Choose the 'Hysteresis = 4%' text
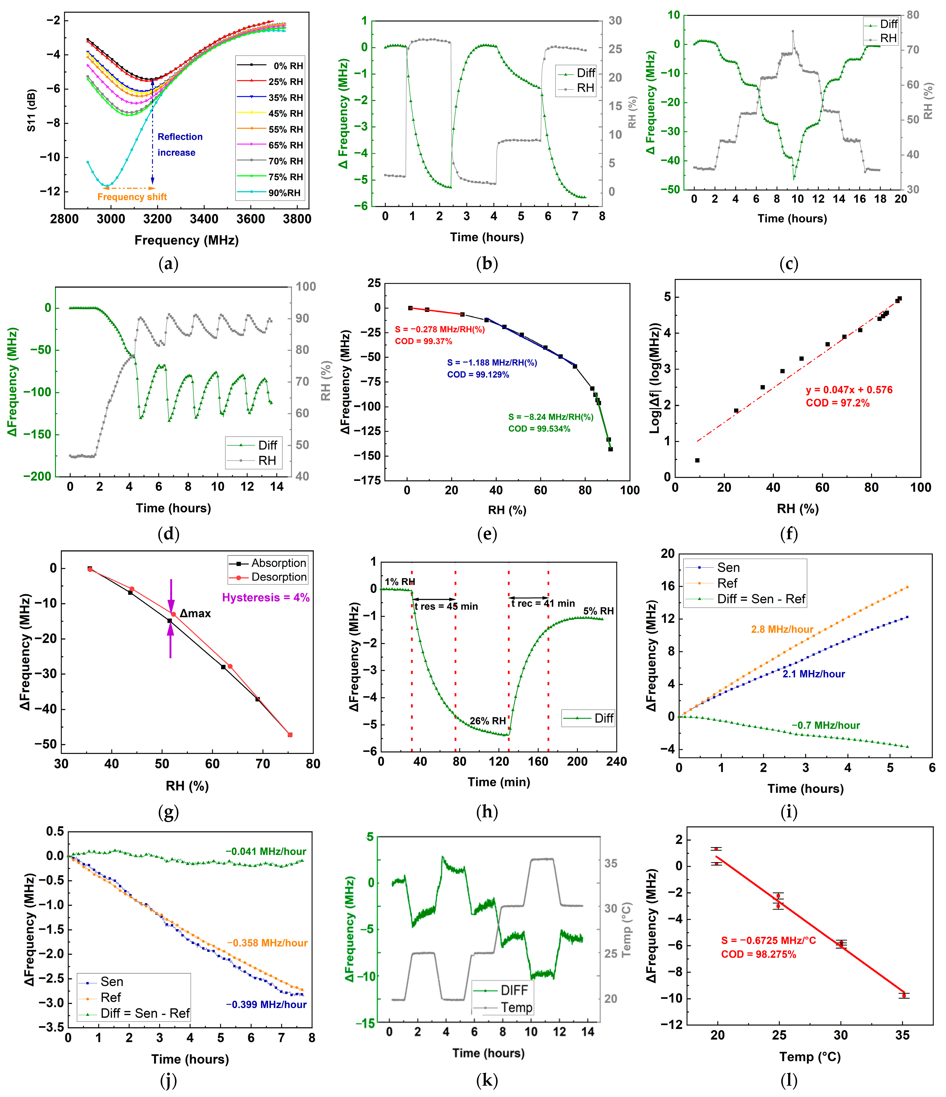point(265,597)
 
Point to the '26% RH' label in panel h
point(487,721)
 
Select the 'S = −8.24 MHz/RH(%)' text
point(550,417)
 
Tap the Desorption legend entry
point(279,577)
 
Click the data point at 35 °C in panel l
point(904,995)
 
